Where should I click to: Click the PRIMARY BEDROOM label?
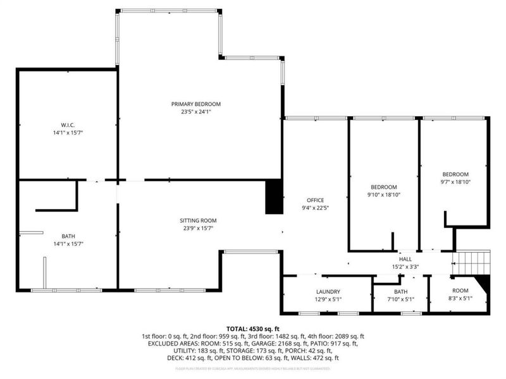(195, 104)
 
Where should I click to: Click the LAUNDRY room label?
(328, 292)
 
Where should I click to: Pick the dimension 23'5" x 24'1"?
(195, 112)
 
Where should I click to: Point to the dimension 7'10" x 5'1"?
(400, 299)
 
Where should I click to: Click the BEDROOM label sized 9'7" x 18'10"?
(455, 174)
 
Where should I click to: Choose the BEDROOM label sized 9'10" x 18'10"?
(383, 187)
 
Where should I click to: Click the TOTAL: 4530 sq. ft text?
(253, 328)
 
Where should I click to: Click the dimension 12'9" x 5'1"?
(328, 299)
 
